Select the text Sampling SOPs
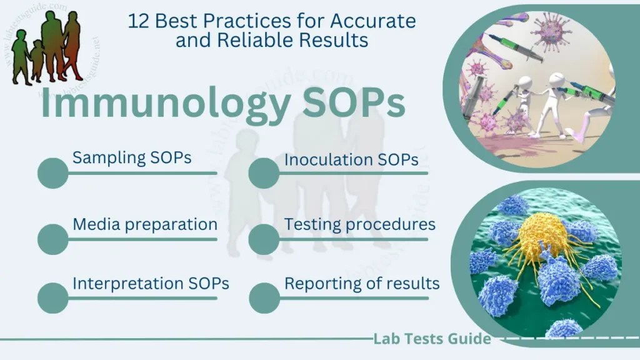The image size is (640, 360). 132,157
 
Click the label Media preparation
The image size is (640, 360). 145,224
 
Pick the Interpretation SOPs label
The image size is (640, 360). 151,283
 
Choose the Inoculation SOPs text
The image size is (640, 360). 351,160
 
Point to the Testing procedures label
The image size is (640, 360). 360,224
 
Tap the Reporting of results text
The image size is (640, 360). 362,283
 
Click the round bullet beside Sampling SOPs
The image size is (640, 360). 52,173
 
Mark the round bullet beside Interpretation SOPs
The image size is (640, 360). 52,298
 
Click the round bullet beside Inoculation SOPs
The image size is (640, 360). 264,173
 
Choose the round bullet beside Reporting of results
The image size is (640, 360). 264,298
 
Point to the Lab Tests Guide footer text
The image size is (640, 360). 432,339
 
